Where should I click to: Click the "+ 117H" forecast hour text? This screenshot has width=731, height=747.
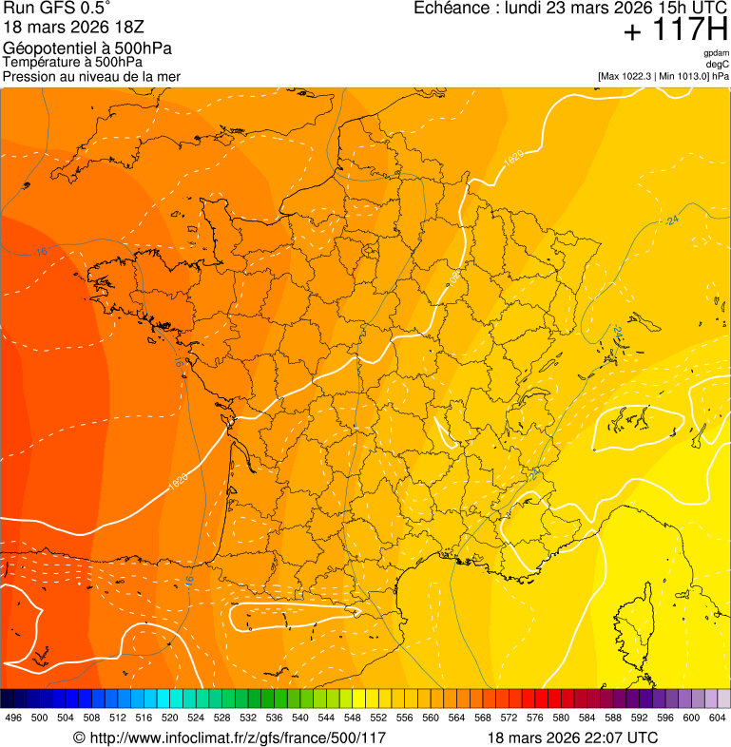675,30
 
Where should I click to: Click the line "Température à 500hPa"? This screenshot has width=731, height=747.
72,63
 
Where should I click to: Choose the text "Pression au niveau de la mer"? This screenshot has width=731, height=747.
91,76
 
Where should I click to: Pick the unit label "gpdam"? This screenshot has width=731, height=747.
717,53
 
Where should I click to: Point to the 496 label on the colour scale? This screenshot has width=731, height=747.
13,718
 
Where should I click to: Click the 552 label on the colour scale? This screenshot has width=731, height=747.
379,718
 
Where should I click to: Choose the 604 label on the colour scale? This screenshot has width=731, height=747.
718,718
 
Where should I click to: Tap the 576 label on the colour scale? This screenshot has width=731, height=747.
535,718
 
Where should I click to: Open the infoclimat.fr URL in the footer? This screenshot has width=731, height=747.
237,737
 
